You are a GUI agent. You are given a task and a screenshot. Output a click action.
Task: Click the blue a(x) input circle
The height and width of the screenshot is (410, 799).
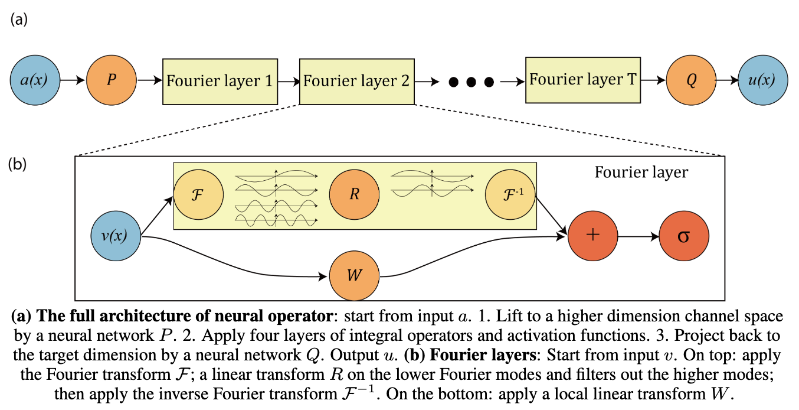[35, 80]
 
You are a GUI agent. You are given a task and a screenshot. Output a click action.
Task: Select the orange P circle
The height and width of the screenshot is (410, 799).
[112, 80]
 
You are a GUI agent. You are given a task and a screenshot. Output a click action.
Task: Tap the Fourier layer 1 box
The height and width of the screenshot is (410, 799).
[220, 80]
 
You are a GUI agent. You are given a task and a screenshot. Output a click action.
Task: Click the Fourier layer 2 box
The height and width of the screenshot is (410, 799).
[356, 80]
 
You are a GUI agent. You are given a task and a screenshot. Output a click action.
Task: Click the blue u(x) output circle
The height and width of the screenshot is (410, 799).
[763, 80]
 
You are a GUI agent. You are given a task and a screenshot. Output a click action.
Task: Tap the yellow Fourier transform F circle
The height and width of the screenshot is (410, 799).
[198, 195]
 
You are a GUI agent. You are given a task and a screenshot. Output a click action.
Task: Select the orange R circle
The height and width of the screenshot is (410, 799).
[354, 195]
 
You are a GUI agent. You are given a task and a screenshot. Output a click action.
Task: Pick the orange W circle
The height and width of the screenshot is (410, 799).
[354, 276]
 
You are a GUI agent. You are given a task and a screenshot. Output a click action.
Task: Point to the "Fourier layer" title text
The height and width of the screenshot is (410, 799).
[640, 173]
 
